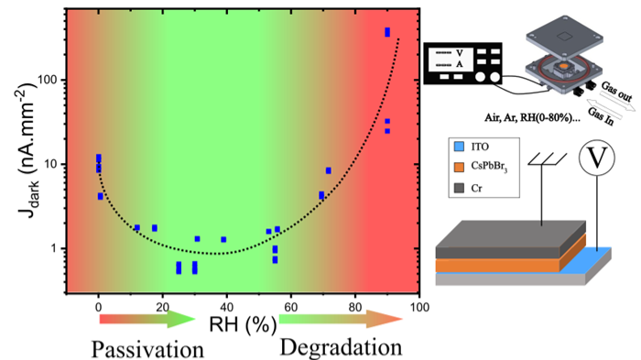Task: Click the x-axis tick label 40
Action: coord(226,307)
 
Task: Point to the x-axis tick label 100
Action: coord(419,307)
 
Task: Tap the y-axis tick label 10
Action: coord(49,164)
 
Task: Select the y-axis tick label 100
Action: coord(46,80)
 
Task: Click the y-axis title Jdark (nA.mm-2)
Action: coord(27,150)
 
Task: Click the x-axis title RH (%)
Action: coord(243,324)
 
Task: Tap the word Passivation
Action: coord(147,349)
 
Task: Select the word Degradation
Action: coord(341,347)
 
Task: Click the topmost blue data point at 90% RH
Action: coord(387,32)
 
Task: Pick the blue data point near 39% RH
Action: coord(223,239)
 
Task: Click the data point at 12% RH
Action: coord(137,227)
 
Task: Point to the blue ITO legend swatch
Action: coord(459,146)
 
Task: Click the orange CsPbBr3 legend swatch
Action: coord(459,167)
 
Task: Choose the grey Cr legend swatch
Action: coord(459,188)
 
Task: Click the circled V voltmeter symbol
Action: coord(596,158)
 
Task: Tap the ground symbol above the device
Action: coord(548,159)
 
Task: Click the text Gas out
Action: coord(616,92)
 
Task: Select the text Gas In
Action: coord(601,116)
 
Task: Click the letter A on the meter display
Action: coord(460,65)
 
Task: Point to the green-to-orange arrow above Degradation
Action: coord(341,319)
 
